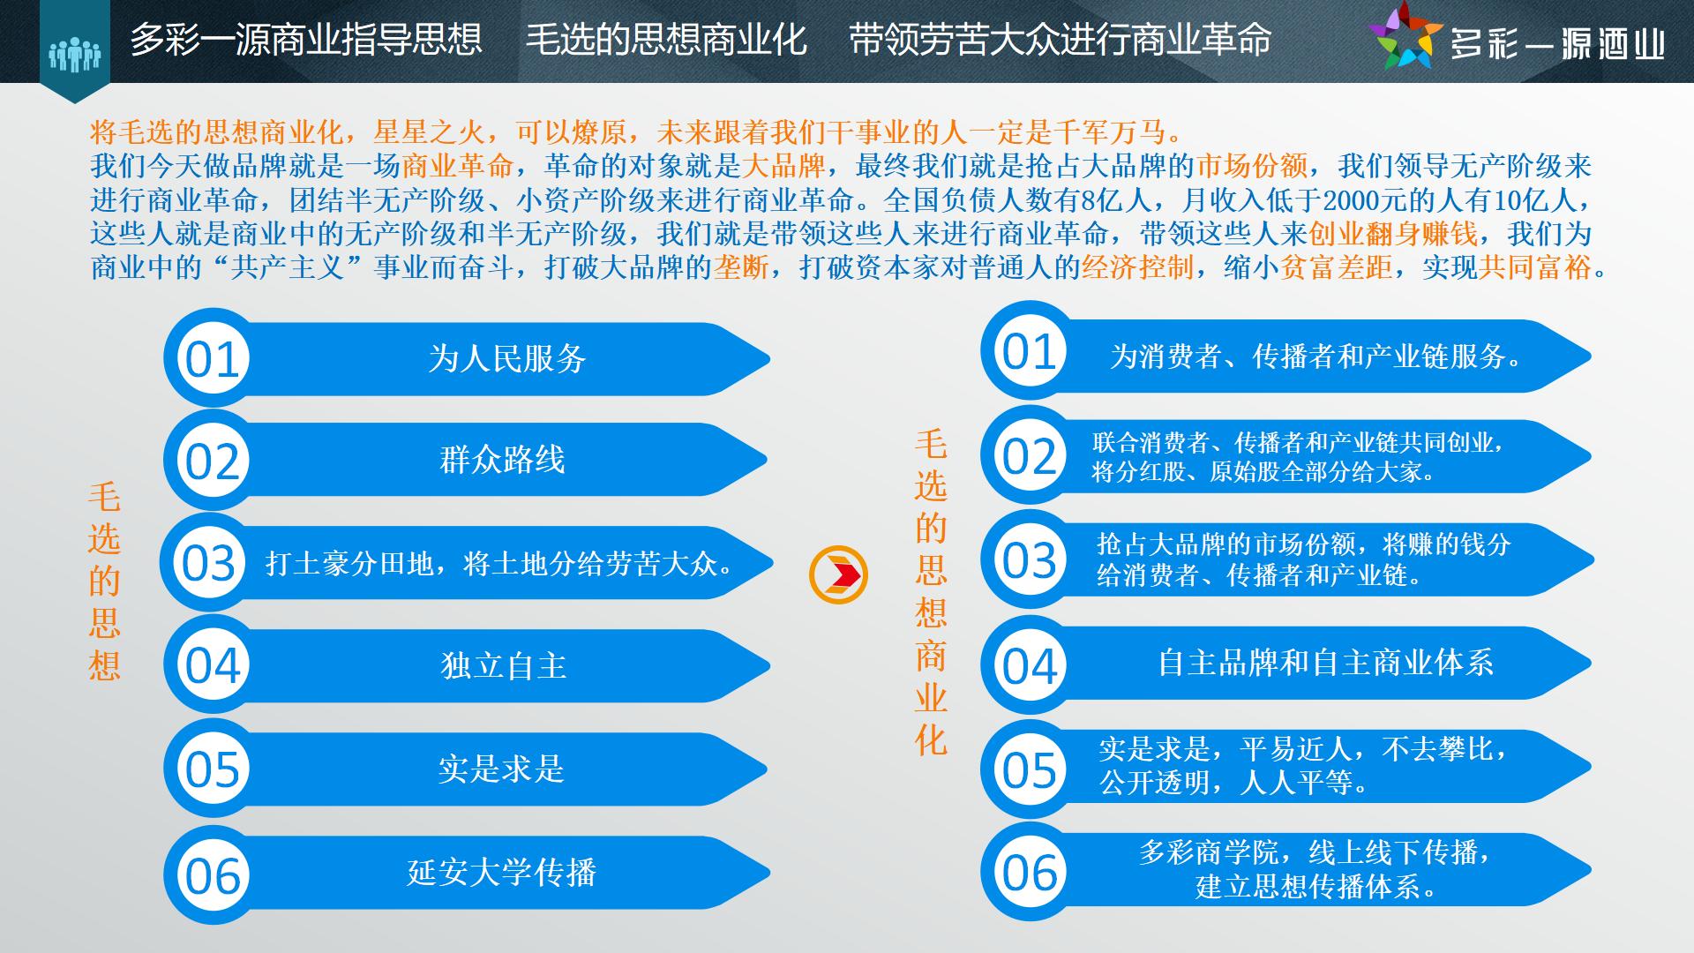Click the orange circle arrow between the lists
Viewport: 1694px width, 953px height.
[x=838, y=574]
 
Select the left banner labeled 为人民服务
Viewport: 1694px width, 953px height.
[x=467, y=359]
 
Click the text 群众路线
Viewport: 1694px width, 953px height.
[x=502, y=460]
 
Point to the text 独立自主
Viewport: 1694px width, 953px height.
[x=503, y=665]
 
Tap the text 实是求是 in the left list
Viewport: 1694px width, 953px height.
[x=501, y=769]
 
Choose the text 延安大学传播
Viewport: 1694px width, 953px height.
[x=502, y=872]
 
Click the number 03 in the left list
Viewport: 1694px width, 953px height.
[x=209, y=563]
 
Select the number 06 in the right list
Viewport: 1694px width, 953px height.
[x=1030, y=874]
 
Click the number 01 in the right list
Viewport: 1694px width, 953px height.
[x=1029, y=352]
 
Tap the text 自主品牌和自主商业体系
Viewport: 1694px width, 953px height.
[x=1325, y=663]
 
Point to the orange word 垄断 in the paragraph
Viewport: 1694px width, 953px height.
[x=740, y=266]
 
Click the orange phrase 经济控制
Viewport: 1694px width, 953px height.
[x=1137, y=266]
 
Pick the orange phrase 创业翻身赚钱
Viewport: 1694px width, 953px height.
[x=1393, y=233]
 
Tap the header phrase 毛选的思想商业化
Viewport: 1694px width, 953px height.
[x=666, y=40]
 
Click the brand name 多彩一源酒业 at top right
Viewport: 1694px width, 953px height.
[x=1558, y=42]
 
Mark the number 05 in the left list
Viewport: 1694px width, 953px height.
[x=212, y=769]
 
